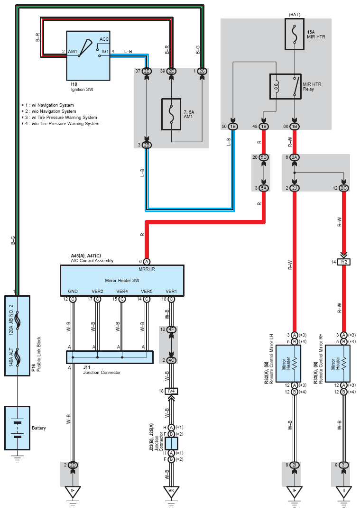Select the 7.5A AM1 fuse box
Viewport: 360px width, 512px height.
coord(172,114)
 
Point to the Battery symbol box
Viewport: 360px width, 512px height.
coord(17,428)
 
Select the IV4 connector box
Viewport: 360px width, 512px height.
coord(171,391)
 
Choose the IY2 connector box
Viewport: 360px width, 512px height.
coord(344,262)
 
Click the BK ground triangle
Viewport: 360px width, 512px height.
coord(171,492)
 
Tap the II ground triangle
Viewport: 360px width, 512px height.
coord(344,492)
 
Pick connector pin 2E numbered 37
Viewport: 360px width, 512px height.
coord(147,71)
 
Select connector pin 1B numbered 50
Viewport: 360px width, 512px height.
coord(233,127)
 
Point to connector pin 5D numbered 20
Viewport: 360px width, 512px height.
coord(264,157)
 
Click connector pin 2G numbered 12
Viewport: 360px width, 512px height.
coord(344,188)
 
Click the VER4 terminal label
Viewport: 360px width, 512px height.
coord(122,291)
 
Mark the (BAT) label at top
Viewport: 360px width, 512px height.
coord(295,15)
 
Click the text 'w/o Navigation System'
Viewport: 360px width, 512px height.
coord(53,111)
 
